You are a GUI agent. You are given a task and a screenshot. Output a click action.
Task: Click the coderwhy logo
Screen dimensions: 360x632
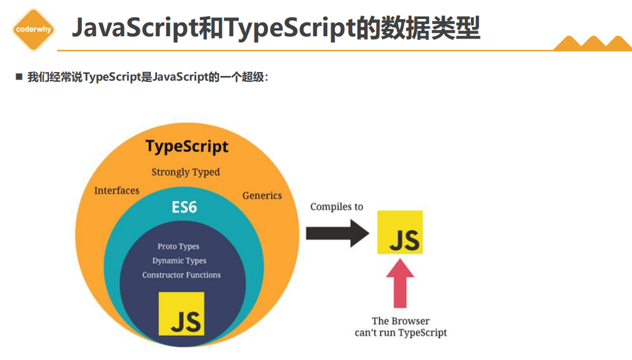(33, 29)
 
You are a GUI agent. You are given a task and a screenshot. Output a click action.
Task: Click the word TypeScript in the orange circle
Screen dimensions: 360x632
(187, 146)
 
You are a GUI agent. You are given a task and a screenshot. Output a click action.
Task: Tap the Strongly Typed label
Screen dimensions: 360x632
(186, 172)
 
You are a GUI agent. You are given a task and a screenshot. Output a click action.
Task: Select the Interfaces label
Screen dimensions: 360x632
(117, 191)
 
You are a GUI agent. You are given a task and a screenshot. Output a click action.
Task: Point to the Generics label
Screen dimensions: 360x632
(262, 195)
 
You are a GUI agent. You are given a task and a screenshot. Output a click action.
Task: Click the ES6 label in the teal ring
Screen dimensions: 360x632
(184, 207)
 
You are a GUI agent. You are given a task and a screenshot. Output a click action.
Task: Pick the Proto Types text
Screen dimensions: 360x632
(179, 247)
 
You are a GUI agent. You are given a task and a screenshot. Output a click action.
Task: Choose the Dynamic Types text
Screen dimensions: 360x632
(179, 261)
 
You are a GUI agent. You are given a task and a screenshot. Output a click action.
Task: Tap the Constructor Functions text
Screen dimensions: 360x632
(181, 275)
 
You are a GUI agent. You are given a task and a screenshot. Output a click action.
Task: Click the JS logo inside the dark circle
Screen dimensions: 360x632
(181, 314)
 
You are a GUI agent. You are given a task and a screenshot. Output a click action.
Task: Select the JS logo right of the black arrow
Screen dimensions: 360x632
(400, 232)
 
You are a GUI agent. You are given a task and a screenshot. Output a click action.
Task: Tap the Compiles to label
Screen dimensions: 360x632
(336, 207)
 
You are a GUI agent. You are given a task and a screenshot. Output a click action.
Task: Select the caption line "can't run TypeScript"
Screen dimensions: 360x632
(400, 332)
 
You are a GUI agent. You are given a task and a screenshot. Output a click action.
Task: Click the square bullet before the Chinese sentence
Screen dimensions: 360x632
(19, 77)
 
